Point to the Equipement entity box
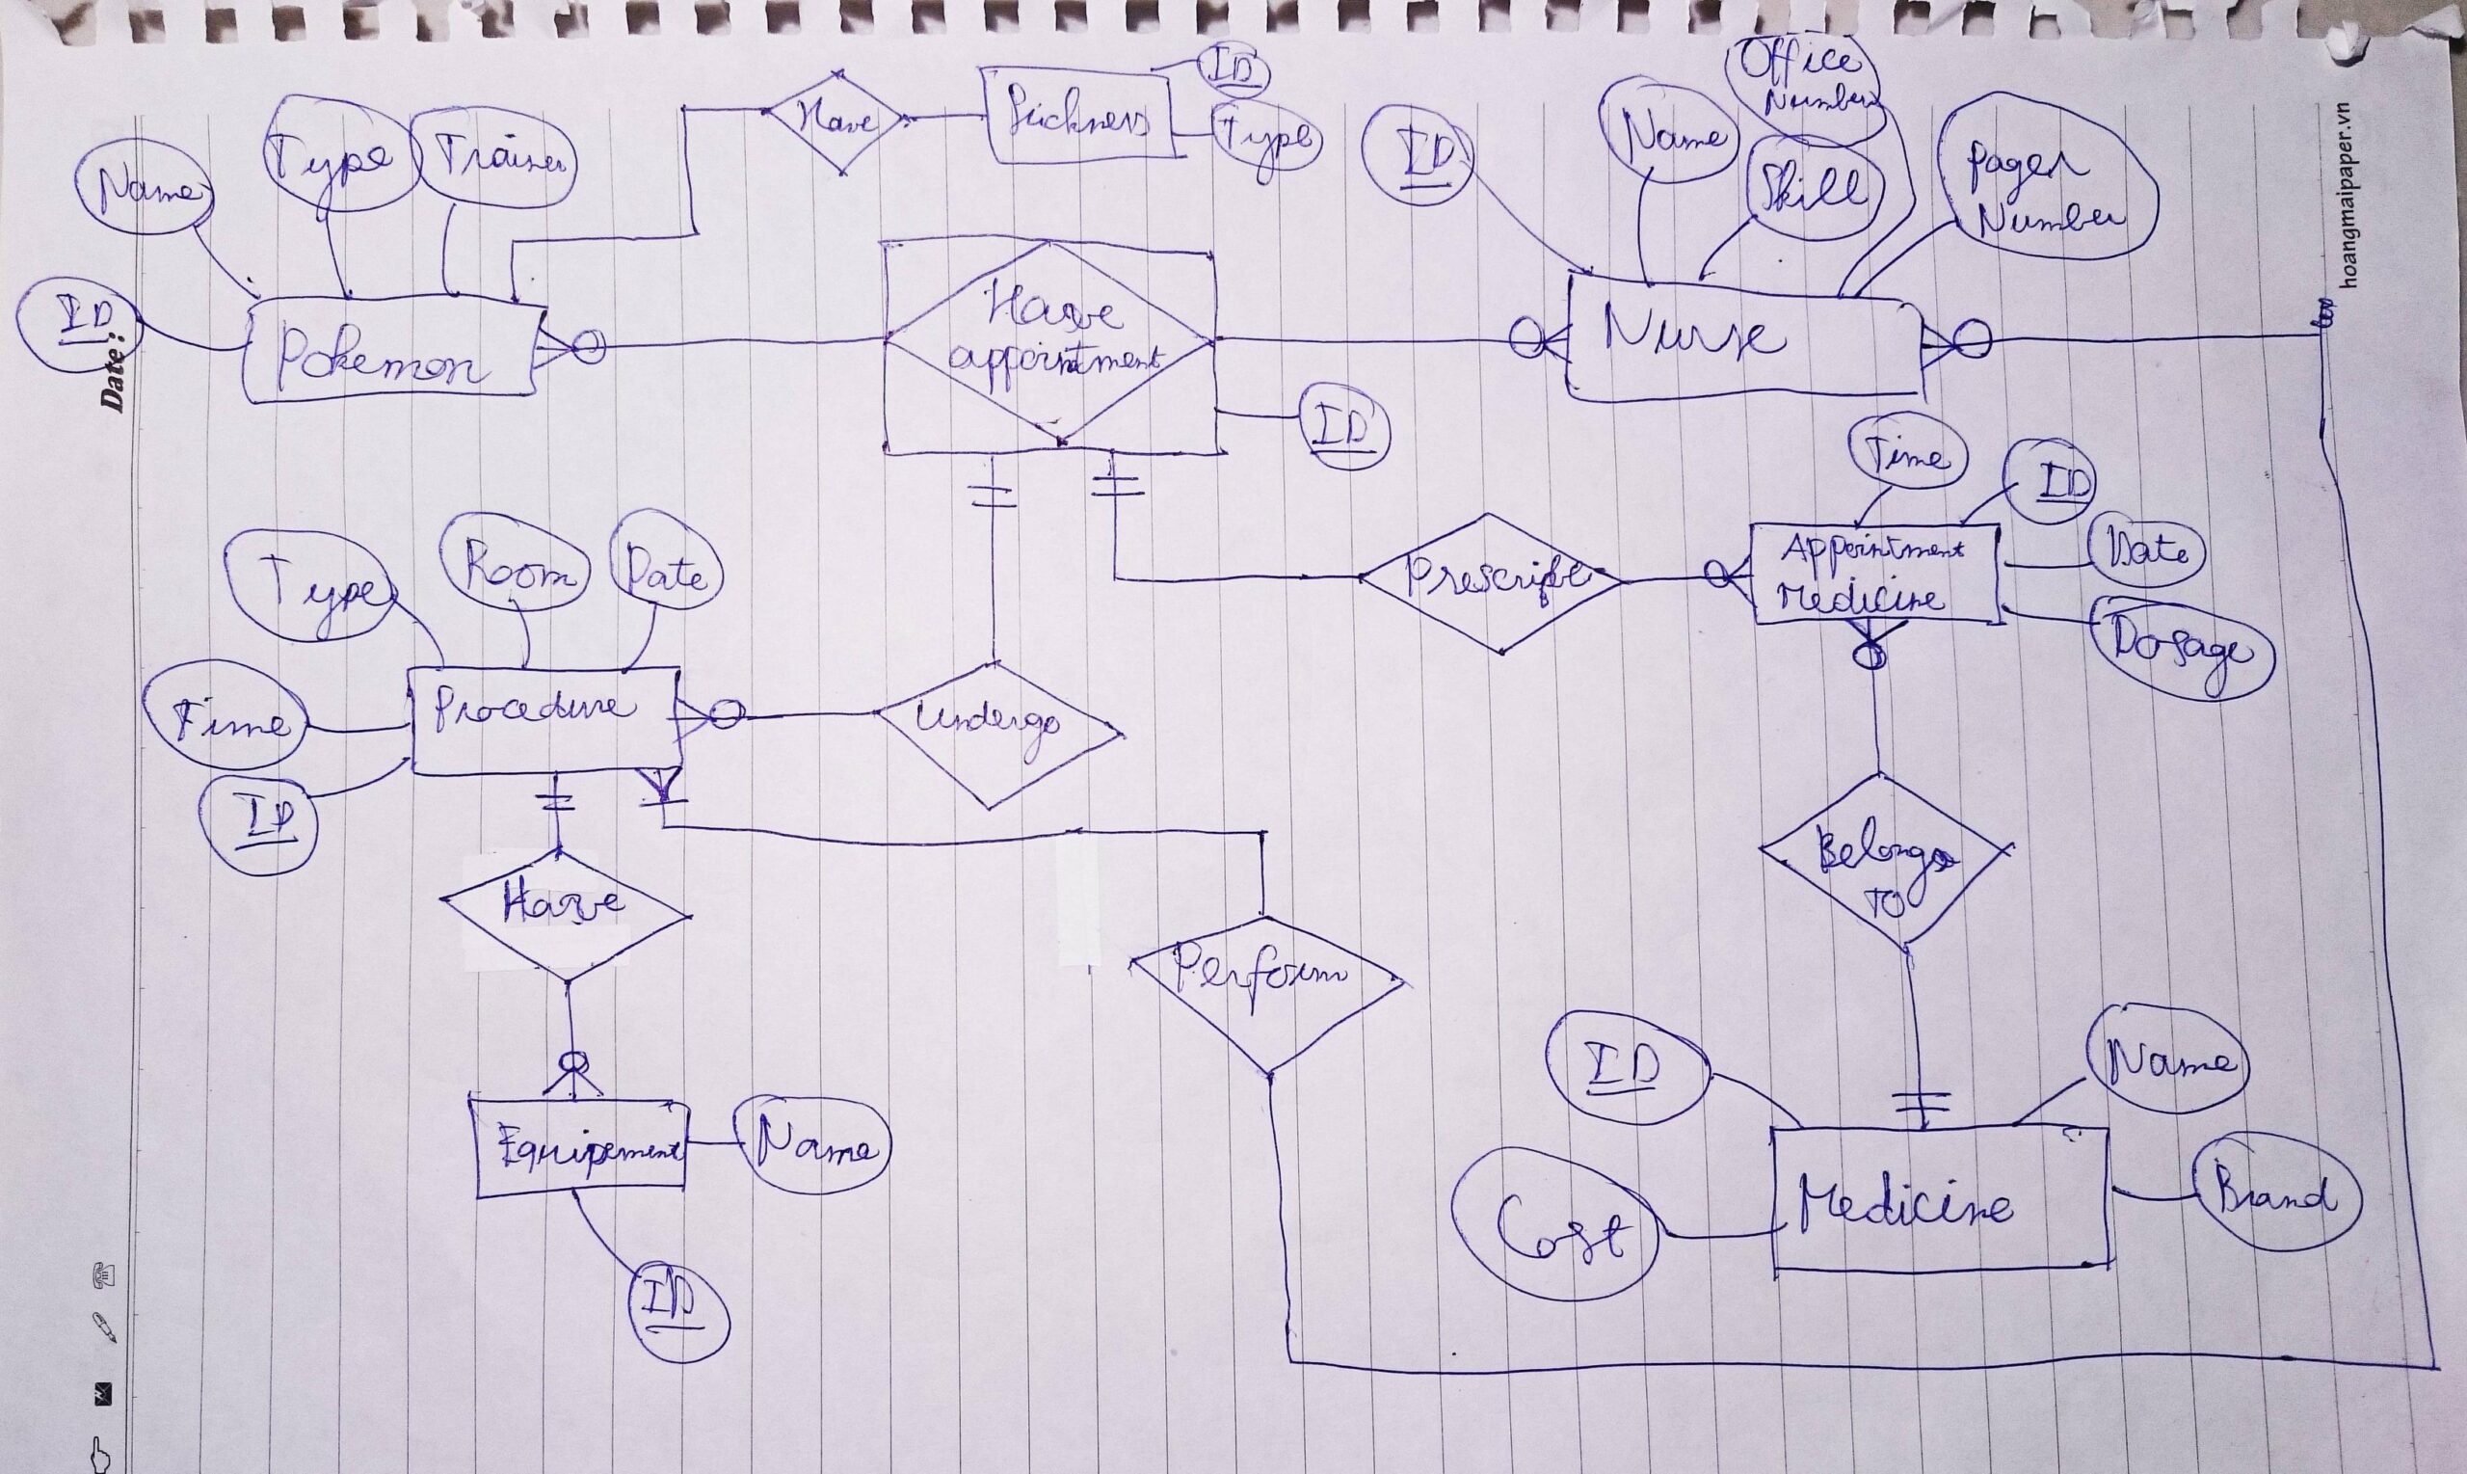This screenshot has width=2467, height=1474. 581,1150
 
